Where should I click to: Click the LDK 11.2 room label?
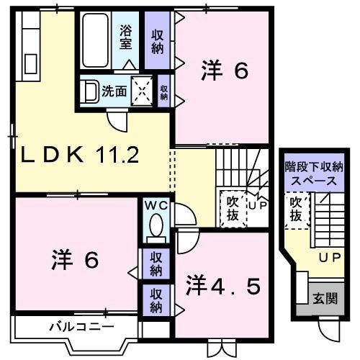[80, 155]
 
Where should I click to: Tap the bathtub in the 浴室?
[95, 40]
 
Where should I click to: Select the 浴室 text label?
[126, 37]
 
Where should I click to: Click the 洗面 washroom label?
[114, 91]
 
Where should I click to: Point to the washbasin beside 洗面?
[89, 91]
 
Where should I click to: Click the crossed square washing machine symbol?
[142, 91]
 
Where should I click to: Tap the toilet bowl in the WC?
[156, 225]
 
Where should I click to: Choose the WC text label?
[156, 205]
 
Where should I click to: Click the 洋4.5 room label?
[223, 287]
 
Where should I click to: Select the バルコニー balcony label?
[81, 327]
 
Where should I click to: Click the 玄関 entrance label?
[325, 299]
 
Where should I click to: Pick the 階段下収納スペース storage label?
[314, 174]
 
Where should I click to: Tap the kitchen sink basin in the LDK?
[31, 64]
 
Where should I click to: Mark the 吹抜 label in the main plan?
[233, 209]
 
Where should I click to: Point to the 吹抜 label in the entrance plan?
[296, 209]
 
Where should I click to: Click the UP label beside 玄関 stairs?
[330, 258]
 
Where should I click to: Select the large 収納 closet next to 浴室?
[157, 40]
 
